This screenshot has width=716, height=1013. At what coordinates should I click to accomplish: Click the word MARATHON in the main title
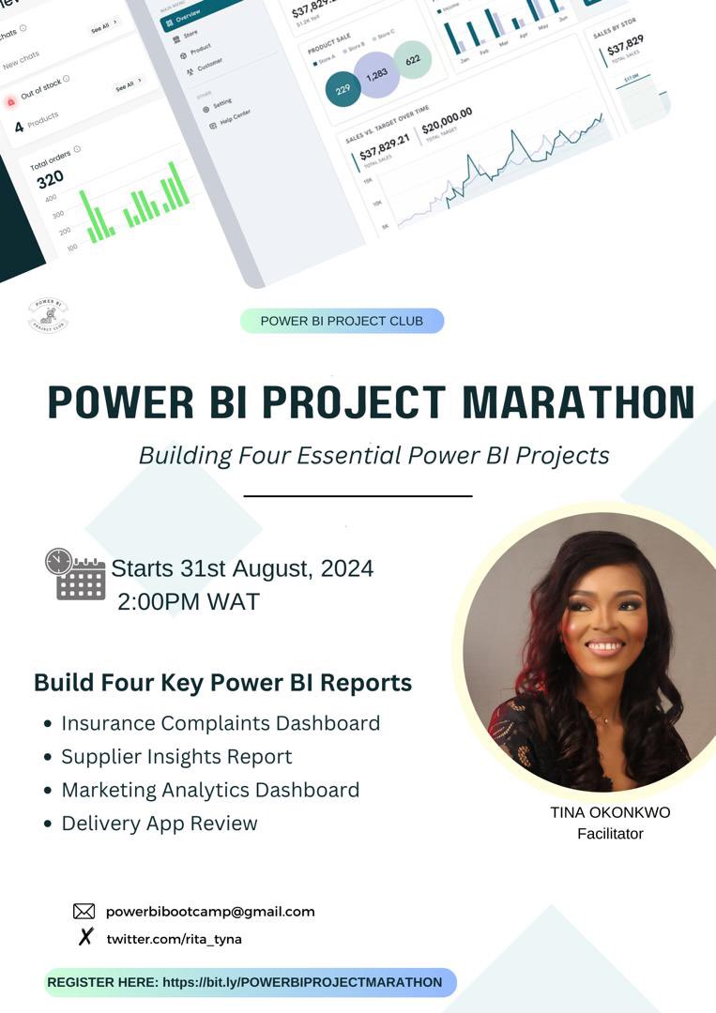click(579, 402)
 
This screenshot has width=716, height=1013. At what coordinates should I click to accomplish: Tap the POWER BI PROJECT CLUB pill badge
click(342, 321)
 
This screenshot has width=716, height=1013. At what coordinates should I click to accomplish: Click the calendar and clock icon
click(75, 574)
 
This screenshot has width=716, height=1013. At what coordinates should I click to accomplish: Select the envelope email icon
click(84, 911)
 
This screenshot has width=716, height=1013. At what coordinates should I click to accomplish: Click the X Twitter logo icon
click(84, 937)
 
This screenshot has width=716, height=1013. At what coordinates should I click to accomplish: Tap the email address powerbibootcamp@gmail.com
click(210, 911)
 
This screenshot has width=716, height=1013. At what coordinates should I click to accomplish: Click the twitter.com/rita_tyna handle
click(174, 938)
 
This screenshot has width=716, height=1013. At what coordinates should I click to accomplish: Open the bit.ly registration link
click(302, 982)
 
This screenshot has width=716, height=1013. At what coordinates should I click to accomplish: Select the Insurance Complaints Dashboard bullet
click(221, 723)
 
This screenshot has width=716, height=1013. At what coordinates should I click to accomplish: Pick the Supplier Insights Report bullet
click(176, 756)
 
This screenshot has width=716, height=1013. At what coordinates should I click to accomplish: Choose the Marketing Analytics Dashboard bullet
click(210, 790)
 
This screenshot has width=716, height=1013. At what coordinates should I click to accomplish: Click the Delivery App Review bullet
click(159, 824)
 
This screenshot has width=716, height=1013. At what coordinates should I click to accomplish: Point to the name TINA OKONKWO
click(610, 812)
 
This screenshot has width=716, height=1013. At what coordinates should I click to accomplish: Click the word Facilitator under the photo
click(610, 833)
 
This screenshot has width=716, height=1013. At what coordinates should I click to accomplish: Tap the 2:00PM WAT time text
click(188, 601)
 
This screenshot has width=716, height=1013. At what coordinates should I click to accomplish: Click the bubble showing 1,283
click(376, 75)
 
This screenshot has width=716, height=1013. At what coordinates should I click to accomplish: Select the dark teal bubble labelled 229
click(343, 89)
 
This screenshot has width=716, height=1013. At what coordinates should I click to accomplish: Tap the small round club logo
click(48, 315)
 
